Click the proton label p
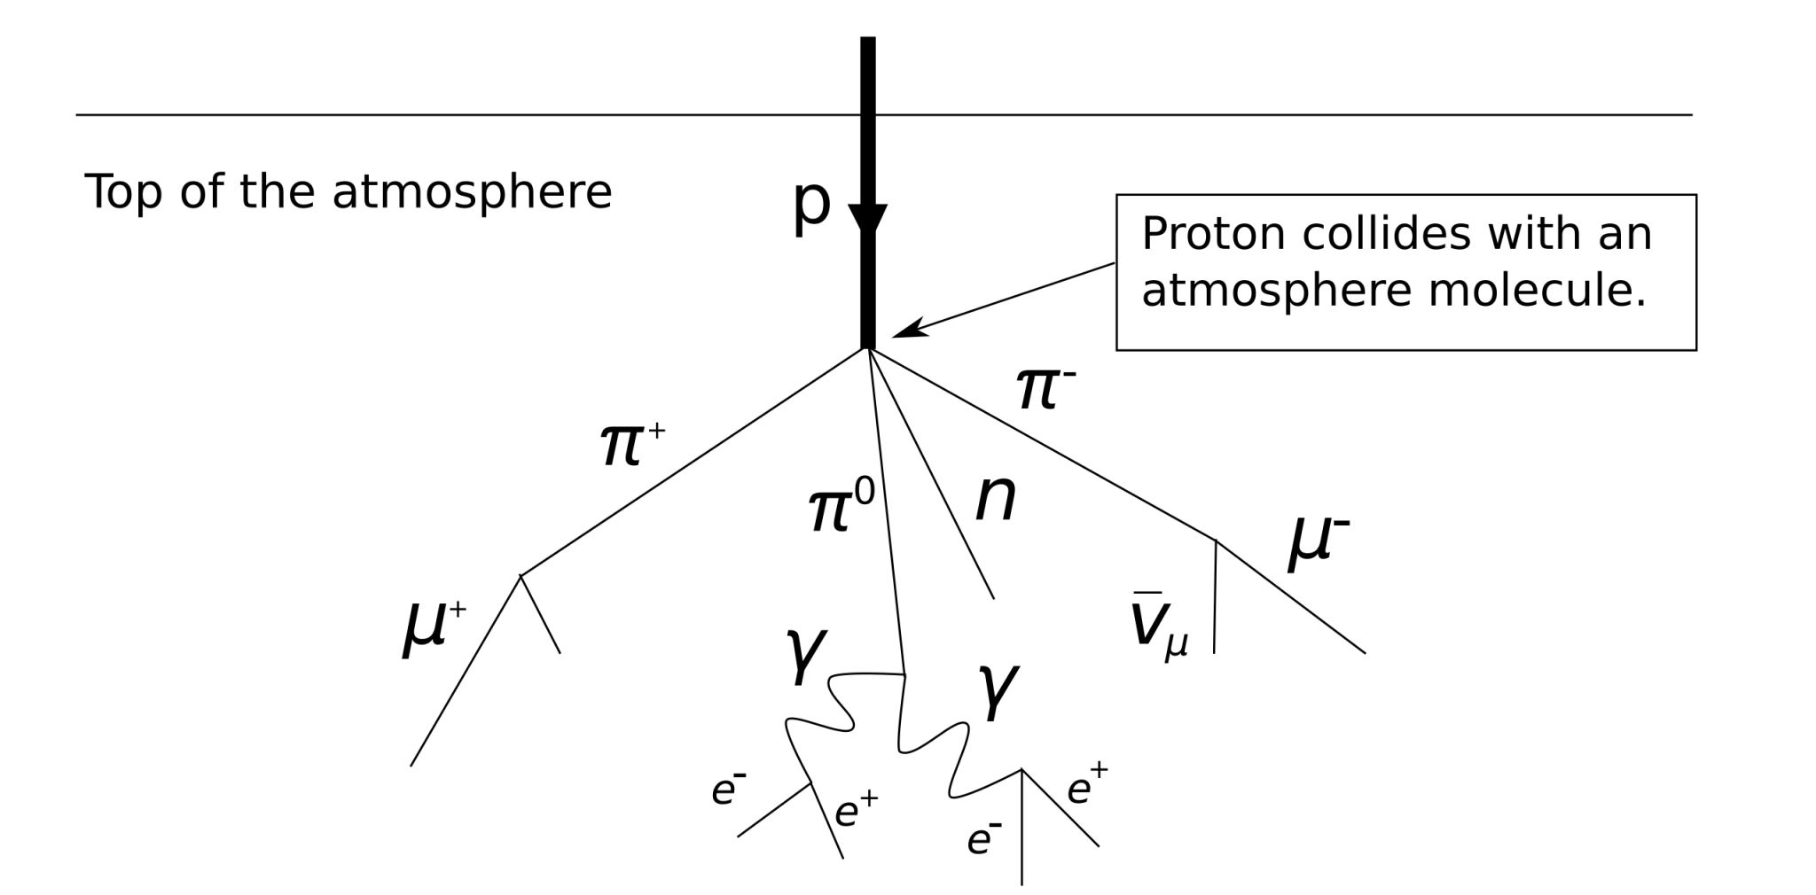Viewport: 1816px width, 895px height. coord(810,207)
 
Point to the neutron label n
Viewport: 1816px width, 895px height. coord(996,501)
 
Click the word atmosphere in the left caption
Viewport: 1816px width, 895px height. coord(472,192)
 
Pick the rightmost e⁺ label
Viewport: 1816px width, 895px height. coord(1087,784)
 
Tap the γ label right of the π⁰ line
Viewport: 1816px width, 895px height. coord(998,691)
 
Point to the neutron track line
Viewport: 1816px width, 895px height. coord(931,474)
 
